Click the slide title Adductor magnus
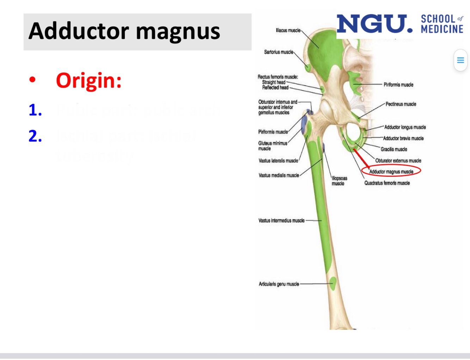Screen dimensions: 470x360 pyautogui.click(x=124, y=31)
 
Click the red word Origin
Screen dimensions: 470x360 pyautogui.click(x=88, y=81)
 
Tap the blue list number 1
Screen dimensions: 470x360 pyautogui.click(x=35, y=110)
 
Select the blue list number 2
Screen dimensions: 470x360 pyautogui.click(x=35, y=136)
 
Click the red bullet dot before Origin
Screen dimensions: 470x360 pyautogui.click(x=32, y=80)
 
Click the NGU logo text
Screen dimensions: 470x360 pyautogui.click(x=374, y=24)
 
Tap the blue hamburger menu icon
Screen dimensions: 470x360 pyautogui.click(x=460, y=60)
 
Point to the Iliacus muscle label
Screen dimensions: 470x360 pyautogui.click(x=288, y=31)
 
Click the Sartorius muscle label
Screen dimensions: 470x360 pyautogui.click(x=278, y=52)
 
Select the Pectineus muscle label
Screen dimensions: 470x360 pyautogui.click(x=401, y=104)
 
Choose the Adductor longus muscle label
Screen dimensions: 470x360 pyautogui.click(x=405, y=127)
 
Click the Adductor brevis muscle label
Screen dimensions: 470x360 pyautogui.click(x=403, y=138)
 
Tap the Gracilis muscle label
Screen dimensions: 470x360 pyautogui.click(x=394, y=149)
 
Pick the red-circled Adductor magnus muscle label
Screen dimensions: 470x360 pyautogui.click(x=391, y=172)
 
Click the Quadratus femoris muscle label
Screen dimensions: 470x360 pyautogui.click(x=387, y=183)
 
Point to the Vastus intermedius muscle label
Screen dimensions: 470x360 pyautogui.click(x=281, y=221)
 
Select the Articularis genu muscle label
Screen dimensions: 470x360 pyautogui.click(x=279, y=284)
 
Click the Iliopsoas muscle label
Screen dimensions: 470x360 pyautogui.click(x=339, y=181)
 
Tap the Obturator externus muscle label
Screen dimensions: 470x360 pyautogui.click(x=398, y=161)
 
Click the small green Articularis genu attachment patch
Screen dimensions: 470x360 pyautogui.click(x=333, y=283)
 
